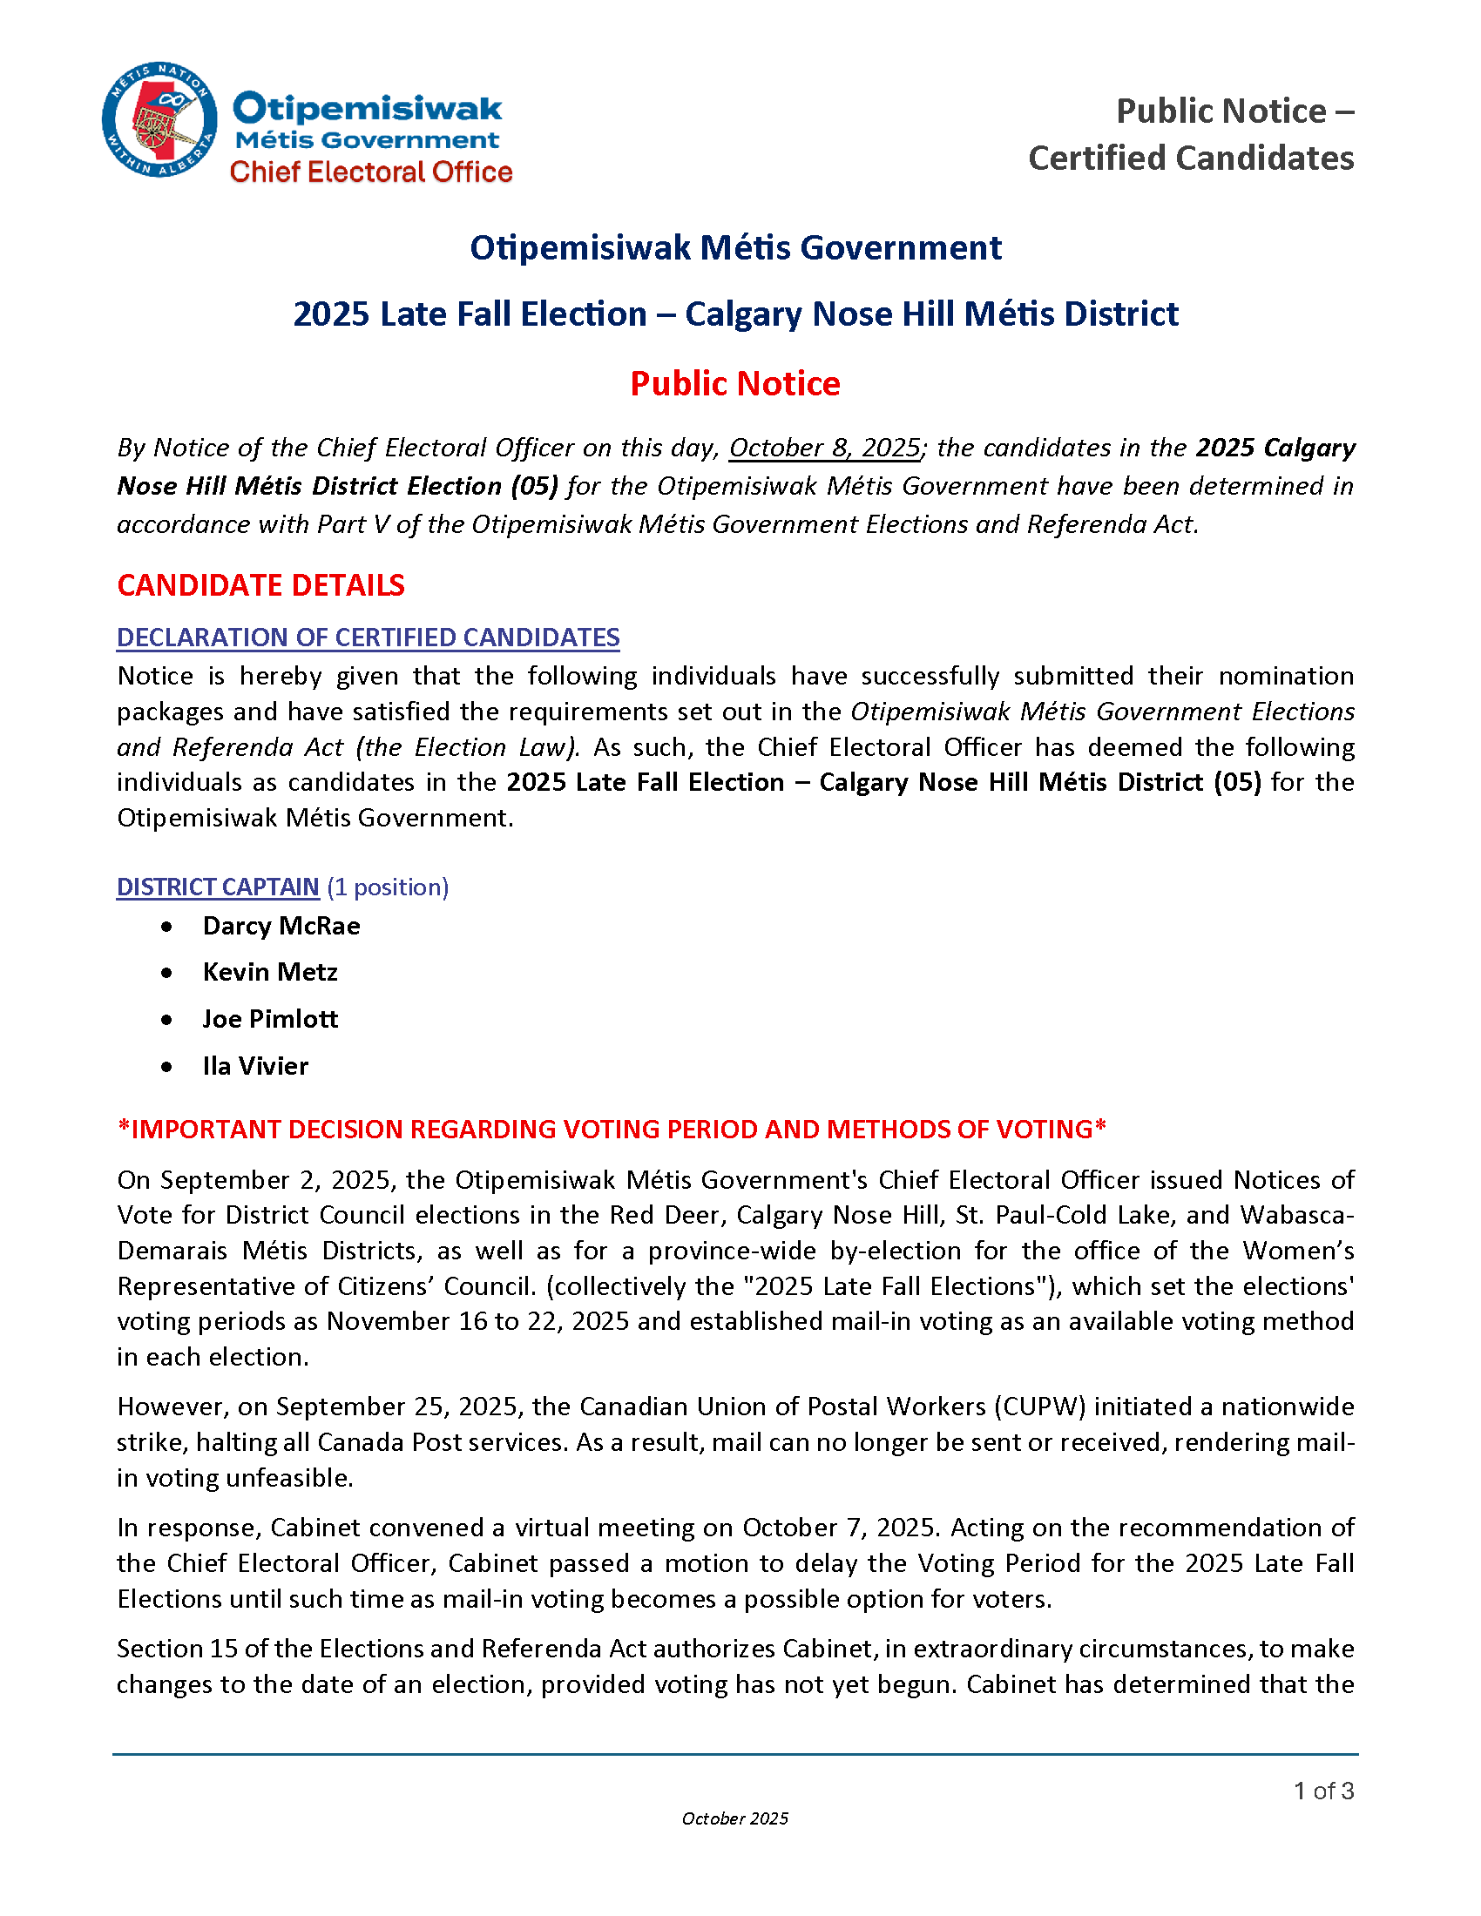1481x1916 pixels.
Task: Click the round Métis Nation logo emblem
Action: click(159, 119)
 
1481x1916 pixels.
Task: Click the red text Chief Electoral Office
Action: click(370, 172)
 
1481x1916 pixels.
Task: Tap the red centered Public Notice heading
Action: click(735, 384)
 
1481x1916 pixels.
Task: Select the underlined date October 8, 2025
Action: click(825, 449)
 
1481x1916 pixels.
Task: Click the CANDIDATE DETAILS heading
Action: click(260, 585)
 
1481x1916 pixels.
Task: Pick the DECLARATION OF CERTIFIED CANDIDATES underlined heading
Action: click(368, 638)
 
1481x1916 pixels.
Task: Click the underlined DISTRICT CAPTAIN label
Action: click(218, 887)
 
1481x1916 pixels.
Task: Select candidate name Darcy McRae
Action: click(281, 927)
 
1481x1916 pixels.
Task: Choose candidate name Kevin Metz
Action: click(269, 973)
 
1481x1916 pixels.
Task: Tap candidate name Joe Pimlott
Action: click(269, 1020)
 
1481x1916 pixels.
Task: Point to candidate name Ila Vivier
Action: click(255, 1067)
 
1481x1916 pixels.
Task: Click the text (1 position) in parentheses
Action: click(388, 887)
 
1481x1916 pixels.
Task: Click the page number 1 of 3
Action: click(1323, 1791)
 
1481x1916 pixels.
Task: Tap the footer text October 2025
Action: click(735, 1819)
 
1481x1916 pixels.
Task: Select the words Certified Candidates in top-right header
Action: click(1191, 159)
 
